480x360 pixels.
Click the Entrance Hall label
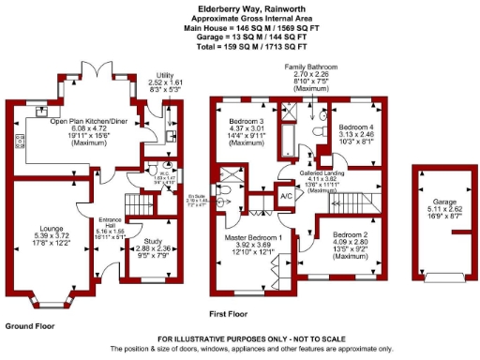(x=109, y=223)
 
